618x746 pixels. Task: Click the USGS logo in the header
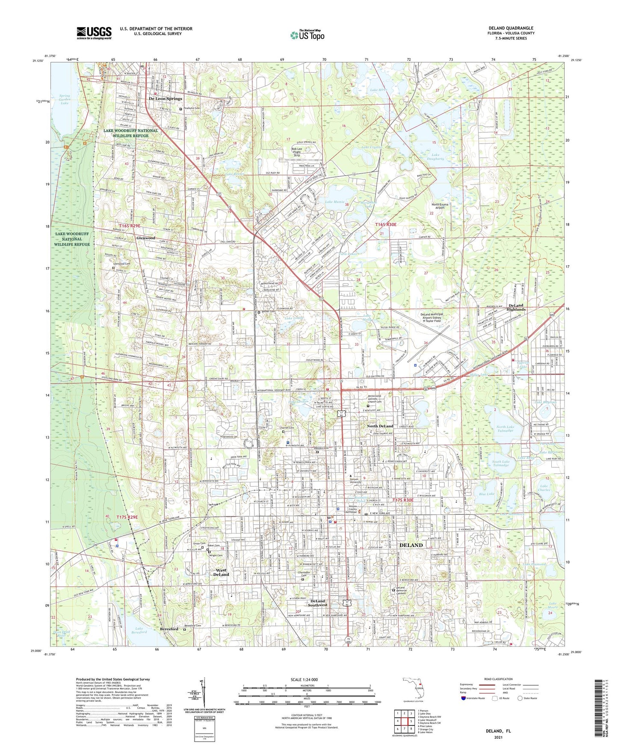pos(94,32)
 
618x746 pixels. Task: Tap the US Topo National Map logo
pos(307,35)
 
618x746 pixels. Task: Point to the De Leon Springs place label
pos(166,99)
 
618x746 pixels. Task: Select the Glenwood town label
pos(145,238)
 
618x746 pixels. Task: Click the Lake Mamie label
pos(334,201)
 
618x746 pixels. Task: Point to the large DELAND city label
pos(411,545)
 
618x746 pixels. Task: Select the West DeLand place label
pos(221,572)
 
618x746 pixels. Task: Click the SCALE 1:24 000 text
pos(305,680)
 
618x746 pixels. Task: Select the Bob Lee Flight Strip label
pos(296,152)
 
